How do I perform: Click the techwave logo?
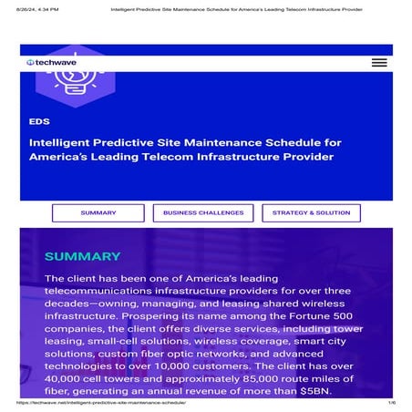[54, 62]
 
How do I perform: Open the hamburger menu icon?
[379, 62]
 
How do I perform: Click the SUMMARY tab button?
[98, 213]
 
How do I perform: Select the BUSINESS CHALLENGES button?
[203, 213]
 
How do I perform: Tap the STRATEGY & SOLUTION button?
[311, 213]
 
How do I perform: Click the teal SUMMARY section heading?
[82, 257]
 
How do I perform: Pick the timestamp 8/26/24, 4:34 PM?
[36, 9]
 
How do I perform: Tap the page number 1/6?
[391, 403]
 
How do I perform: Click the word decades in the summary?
[67, 308]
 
